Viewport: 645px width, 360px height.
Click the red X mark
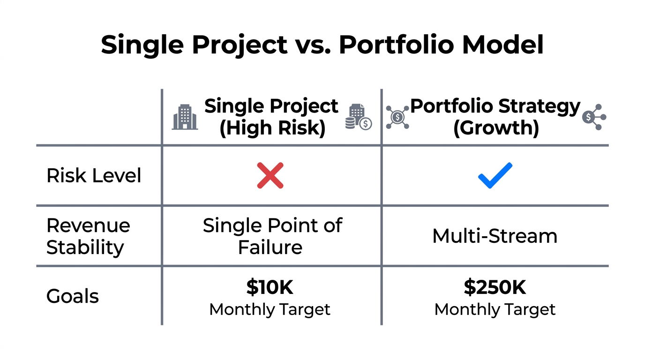[270, 175]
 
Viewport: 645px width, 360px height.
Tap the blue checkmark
[495, 175]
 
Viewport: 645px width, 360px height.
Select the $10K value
[270, 287]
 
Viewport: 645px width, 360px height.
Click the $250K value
[495, 287]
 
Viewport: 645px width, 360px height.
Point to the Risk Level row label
[94, 176]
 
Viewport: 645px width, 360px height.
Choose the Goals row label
[73, 296]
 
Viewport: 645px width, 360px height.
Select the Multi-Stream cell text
[495, 236]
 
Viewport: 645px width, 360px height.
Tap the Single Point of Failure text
[272, 236]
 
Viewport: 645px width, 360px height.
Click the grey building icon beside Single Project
[185, 117]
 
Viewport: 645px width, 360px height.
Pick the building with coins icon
[358, 117]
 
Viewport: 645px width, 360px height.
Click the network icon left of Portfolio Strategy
[397, 117]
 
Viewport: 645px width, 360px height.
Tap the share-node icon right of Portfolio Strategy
[594, 117]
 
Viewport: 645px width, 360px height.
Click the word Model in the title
[502, 45]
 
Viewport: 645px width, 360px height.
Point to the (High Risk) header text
[272, 128]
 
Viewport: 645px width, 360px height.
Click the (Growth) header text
[495, 128]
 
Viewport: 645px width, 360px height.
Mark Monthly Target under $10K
[270, 309]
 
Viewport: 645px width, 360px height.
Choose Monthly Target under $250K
[495, 309]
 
